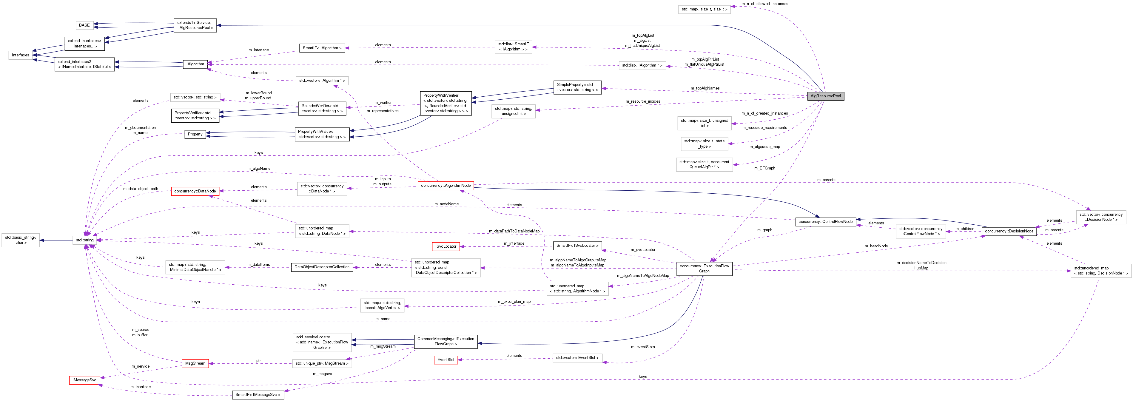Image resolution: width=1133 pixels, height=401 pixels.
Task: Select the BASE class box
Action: click(x=84, y=25)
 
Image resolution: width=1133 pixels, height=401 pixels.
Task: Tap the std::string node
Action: click(x=85, y=240)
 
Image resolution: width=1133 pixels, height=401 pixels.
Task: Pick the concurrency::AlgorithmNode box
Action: click(x=446, y=186)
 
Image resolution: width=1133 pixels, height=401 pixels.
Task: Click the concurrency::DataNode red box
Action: click(x=195, y=191)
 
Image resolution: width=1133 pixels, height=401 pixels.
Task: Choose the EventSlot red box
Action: click(x=446, y=360)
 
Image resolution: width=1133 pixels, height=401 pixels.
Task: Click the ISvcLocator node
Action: click(x=446, y=246)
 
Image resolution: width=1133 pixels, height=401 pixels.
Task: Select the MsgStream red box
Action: click(x=195, y=363)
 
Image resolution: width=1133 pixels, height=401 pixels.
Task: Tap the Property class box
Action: click(x=195, y=134)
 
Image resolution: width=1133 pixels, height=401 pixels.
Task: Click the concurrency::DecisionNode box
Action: click(x=1009, y=231)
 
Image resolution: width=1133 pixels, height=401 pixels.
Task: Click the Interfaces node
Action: click(x=20, y=55)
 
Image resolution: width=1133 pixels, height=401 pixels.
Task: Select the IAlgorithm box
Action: click(x=195, y=64)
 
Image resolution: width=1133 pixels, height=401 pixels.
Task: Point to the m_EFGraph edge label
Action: click(x=764, y=168)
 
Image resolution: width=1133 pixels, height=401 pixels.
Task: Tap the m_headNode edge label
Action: click(x=876, y=246)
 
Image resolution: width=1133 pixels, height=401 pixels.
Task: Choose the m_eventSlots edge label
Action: click(x=643, y=347)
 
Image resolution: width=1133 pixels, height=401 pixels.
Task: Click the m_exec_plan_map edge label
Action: click(x=514, y=302)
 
